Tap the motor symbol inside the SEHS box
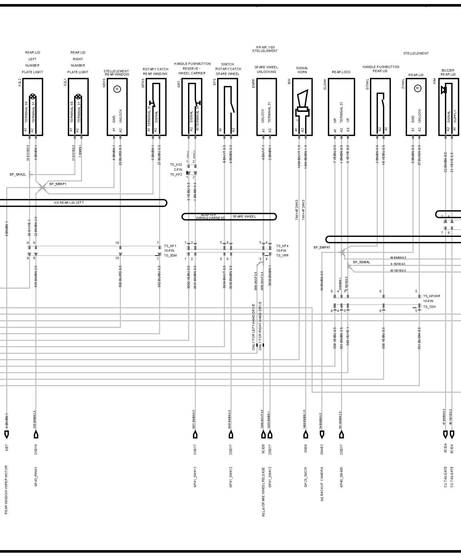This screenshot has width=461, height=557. [x=117, y=89]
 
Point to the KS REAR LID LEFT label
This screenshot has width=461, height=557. [x=69, y=203]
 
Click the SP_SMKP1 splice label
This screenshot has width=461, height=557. [x=58, y=184]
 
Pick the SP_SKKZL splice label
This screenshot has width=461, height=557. [x=18, y=175]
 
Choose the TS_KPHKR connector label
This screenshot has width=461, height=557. [x=432, y=296]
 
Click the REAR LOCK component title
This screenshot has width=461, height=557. [x=341, y=72]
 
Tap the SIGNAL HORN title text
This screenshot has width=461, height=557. [x=302, y=70]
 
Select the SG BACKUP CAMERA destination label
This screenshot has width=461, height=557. [x=322, y=488]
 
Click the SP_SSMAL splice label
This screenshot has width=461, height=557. [x=362, y=262]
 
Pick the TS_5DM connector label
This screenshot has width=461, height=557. [x=170, y=255]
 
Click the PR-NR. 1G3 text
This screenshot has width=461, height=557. [x=265, y=47]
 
